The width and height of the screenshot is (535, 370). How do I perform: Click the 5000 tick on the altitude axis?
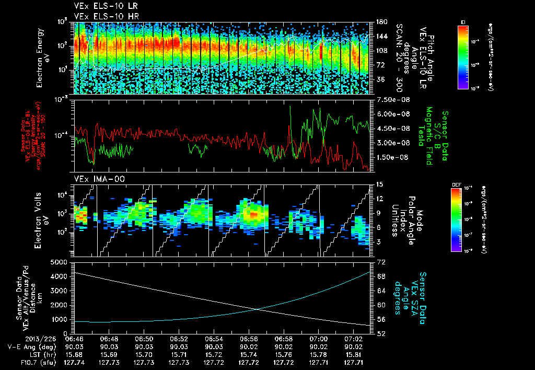pos(59,261)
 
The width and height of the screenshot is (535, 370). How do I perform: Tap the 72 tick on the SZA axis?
pos(381,261)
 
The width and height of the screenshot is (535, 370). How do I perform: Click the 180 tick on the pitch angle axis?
pos(381,22)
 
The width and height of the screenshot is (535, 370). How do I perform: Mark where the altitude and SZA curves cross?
pos(258,309)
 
